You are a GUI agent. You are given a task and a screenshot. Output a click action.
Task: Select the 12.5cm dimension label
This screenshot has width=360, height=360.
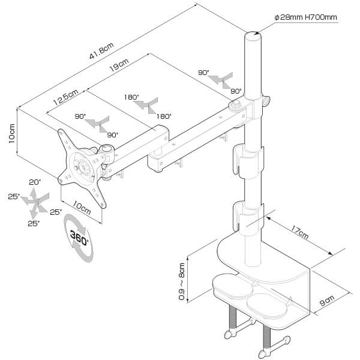[65, 96]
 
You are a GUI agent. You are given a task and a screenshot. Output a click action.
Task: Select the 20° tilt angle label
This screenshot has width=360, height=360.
[34, 182]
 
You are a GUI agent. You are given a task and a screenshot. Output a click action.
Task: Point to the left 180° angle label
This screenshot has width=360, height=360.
[131, 97]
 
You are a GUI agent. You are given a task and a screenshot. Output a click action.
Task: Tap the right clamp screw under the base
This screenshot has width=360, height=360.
[265, 342]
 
